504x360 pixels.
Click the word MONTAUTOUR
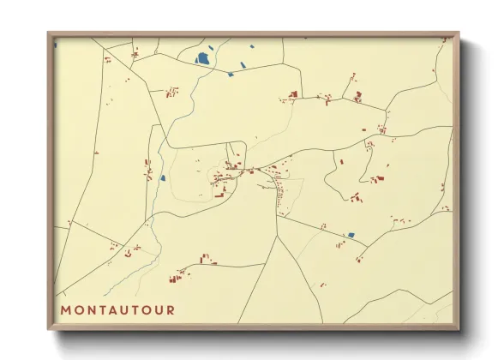click(x=117, y=309)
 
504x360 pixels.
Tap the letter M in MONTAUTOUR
click(x=66, y=309)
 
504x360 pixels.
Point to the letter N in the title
click(x=91, y=309)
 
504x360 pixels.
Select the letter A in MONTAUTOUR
click(x=116, y=309)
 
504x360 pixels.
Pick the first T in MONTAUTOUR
click(x=104, y=309)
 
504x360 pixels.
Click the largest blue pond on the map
click(x=203, y=59)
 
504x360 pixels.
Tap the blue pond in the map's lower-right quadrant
click(x=350, y=235)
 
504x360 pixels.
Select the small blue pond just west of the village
click(x=162, y=178)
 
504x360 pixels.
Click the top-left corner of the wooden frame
click(x=48, y=33)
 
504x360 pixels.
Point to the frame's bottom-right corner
click(x=459, y=329)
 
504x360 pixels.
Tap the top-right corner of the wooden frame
click(x=459, y=33)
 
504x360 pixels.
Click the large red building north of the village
click(x=293, y=93)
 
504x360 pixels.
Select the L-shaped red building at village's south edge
click(x=219, y=195)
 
